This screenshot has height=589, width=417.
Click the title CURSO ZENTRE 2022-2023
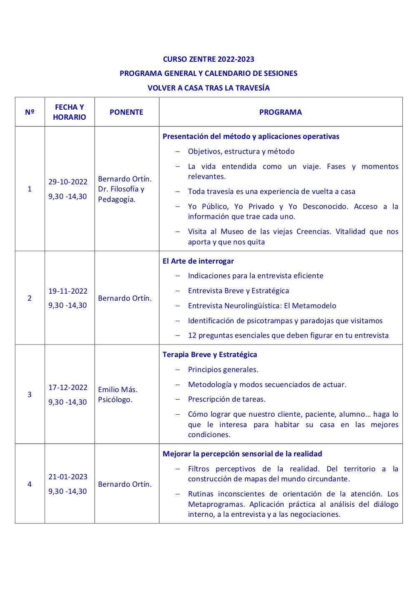pos(208,59)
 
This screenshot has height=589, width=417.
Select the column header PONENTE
pos(126,112)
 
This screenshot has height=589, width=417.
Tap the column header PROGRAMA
pos(280,112)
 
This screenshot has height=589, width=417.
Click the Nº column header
pos(30,112)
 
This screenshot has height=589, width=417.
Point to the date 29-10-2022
pos(68,182)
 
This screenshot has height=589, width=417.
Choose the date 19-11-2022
pos(68,291)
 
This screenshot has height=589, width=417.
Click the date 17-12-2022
pos(68,388)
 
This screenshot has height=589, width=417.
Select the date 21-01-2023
pos(68,477)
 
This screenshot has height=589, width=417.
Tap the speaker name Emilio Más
pos(118,390)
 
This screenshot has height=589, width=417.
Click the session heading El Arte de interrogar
pos(198,261)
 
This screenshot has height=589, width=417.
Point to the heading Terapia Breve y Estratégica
pos(210,355)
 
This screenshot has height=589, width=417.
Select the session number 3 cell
pos(30,395)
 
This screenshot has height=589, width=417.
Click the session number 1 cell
pos(30,189)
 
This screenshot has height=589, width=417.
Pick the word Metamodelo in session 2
pos(316,306)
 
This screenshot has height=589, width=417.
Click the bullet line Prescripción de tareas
pos(226,399)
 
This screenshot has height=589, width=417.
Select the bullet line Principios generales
pos(223,370)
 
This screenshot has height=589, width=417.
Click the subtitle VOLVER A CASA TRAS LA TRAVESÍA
pos(208,88)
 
